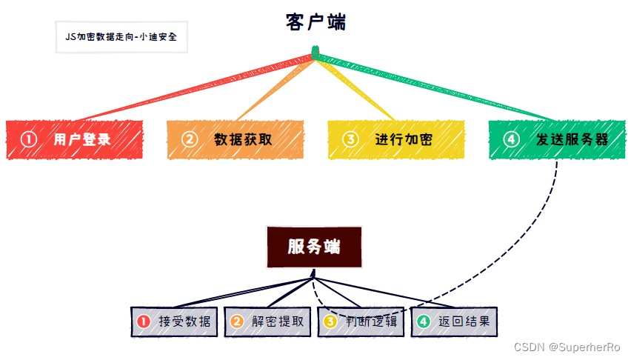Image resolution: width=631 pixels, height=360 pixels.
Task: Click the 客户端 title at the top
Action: [x=315, y=22]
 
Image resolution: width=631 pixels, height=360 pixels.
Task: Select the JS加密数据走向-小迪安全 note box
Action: [x=121, y=36]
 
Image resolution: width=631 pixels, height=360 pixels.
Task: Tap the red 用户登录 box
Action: [x=75, y=139]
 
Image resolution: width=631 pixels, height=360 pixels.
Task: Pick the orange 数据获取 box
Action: [x=236, y=139]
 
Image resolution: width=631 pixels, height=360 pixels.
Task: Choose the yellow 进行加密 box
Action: [x=396, y=139]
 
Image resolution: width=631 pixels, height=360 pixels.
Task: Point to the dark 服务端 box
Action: [x=315, y=247]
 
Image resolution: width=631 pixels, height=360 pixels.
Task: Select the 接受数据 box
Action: [x=174, y=321]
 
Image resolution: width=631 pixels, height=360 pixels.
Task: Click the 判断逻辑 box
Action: [x=361, y=321]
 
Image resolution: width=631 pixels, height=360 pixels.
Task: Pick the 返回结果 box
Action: [x=455, y=321]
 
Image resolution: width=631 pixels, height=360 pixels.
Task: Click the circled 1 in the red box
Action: [x=28, y=139]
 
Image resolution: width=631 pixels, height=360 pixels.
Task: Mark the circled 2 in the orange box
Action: [x=190, y=139]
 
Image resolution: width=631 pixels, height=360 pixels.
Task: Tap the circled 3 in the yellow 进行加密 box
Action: [x=350, y=139]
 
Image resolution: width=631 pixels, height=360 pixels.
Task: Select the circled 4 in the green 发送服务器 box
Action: [x=511, y=139]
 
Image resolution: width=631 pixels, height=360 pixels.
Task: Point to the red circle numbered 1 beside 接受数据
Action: [x=144, y=321]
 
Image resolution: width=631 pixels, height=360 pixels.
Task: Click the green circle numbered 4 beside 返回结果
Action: [x=423, y=321]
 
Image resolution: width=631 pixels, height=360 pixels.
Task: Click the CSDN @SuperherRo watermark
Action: [x=568, y=347]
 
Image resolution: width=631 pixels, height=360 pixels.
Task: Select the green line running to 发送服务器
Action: [x=437, y=87]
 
